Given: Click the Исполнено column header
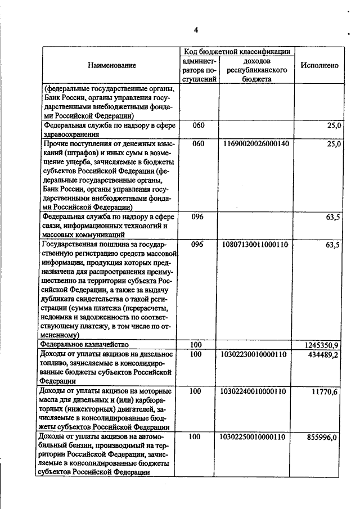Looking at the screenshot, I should click(x=319, y=66).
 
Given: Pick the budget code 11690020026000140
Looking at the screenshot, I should click(x=256, y=144).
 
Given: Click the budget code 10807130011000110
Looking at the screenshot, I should click(x=256, y=245).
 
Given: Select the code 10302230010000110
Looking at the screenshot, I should click(x=256, y=354).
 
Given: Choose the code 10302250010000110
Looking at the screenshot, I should click(x=256, y=436).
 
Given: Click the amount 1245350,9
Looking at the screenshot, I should click(x=322, y=344).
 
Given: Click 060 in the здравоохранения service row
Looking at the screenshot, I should click(x=197, y=125).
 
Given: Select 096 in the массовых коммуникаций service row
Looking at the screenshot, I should click(x=197, y=217).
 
